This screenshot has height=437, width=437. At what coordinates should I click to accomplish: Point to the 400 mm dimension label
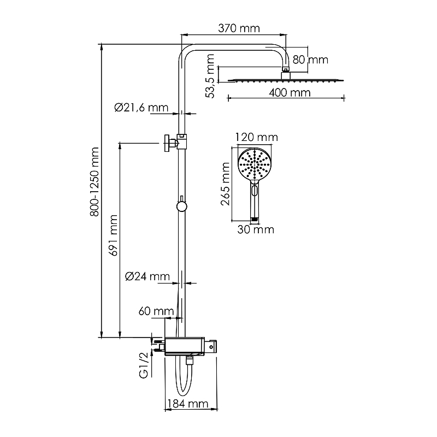tap(290, 92)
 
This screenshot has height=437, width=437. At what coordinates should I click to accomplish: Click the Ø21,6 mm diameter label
tap(141, 108)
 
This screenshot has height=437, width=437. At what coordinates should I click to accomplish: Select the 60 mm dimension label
tap(156, 311)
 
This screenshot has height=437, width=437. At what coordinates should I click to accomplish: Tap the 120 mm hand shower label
tap(256, 137)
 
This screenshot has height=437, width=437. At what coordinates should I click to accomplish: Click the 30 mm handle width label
tap(256, 229)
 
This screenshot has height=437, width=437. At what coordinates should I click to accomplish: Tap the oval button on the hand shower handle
tap(255, 191)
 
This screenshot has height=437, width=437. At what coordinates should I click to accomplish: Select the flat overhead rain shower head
tap(284, 79)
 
